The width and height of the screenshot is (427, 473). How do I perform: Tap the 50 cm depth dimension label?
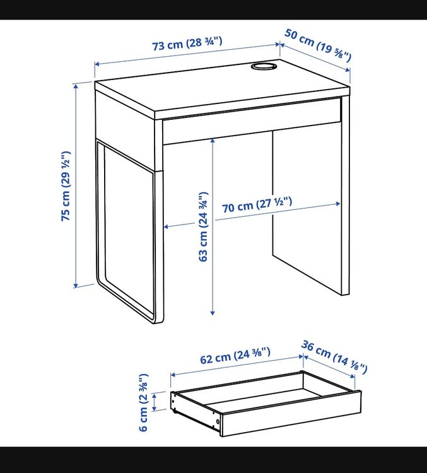318,45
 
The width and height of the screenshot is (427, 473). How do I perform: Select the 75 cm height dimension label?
66,186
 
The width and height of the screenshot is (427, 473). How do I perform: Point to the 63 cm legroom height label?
204,226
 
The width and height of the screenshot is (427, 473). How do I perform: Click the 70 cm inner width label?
257,204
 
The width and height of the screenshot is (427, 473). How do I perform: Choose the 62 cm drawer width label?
235,356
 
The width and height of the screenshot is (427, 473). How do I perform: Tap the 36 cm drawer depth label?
334,357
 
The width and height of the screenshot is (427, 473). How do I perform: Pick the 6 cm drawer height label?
144,402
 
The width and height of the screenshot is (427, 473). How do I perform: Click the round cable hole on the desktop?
264,66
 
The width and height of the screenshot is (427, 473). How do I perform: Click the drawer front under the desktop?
252,121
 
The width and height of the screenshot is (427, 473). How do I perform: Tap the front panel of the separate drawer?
291,414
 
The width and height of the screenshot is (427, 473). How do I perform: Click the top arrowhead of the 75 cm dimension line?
76,86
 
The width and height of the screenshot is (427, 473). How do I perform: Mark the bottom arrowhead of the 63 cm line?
213,313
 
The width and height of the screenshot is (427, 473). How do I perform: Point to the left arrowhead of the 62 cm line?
173,375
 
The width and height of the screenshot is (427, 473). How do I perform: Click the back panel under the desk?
307,211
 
